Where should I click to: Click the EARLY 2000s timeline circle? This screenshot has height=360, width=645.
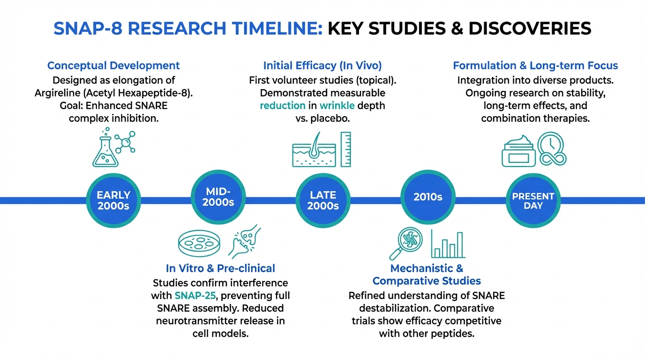pos(113,201)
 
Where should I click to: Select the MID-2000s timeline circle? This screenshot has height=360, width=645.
pos(218,197)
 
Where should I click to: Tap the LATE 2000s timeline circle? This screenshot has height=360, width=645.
pos(323,201)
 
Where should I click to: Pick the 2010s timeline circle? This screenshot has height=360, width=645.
pos(428,197)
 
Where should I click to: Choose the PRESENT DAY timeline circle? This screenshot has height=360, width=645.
pos(533,201)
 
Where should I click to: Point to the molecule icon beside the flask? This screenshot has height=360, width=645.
pos(125,142)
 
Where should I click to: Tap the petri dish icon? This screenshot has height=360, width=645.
pos(199,243)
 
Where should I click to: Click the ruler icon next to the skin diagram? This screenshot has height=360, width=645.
pos(346,150)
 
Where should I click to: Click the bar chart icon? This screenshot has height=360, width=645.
pos(448,244)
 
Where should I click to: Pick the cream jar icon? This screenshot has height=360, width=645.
pos(518,151)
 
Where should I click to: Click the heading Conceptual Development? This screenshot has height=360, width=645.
pos(113,66)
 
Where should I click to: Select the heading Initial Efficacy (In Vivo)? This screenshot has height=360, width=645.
pos(322,66)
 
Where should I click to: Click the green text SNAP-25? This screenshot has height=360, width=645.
pos(195,295)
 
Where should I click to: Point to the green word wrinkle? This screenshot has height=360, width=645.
pos(337,105)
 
